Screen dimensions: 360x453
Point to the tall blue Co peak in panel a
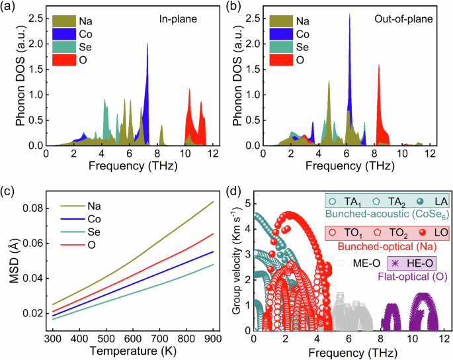coord(147,45)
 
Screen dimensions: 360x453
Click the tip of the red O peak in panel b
coord(378,65)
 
